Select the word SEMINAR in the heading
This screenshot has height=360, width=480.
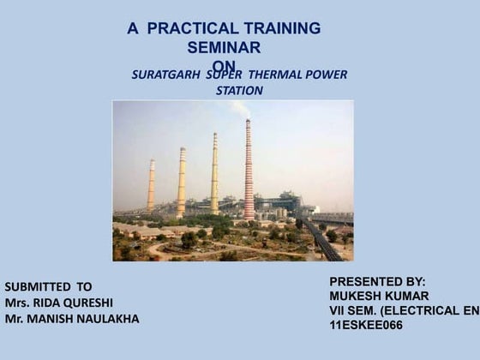click(224, 47)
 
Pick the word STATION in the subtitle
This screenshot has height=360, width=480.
click(240, 90)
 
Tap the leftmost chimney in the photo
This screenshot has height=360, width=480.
click(151, 184)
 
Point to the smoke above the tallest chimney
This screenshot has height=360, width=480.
click(242, 109)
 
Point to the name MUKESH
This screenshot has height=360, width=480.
click(354, 296)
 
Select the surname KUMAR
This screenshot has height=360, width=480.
click(405, 296)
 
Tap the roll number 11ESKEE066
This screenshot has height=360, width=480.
click(366, 326)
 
